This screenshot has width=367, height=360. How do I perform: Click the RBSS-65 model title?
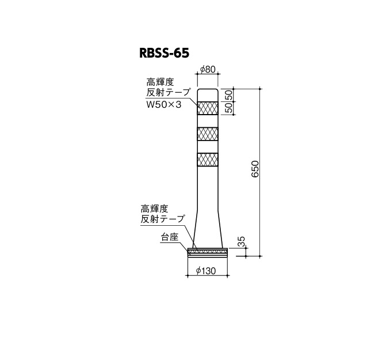click(164, 53)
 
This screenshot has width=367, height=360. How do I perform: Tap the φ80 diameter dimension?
click(208, 69)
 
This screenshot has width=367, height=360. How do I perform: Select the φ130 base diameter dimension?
click(206, 271)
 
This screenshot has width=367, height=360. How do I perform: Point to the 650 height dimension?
click(255, 169)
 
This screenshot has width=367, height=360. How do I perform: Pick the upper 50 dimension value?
click(230, 95)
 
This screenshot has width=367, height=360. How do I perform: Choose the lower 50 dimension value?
click(230, 108)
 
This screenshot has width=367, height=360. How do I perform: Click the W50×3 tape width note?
click(164, 104)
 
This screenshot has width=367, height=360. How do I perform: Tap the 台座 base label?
click(170, 237)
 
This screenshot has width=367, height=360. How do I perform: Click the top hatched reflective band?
click(208, 108)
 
